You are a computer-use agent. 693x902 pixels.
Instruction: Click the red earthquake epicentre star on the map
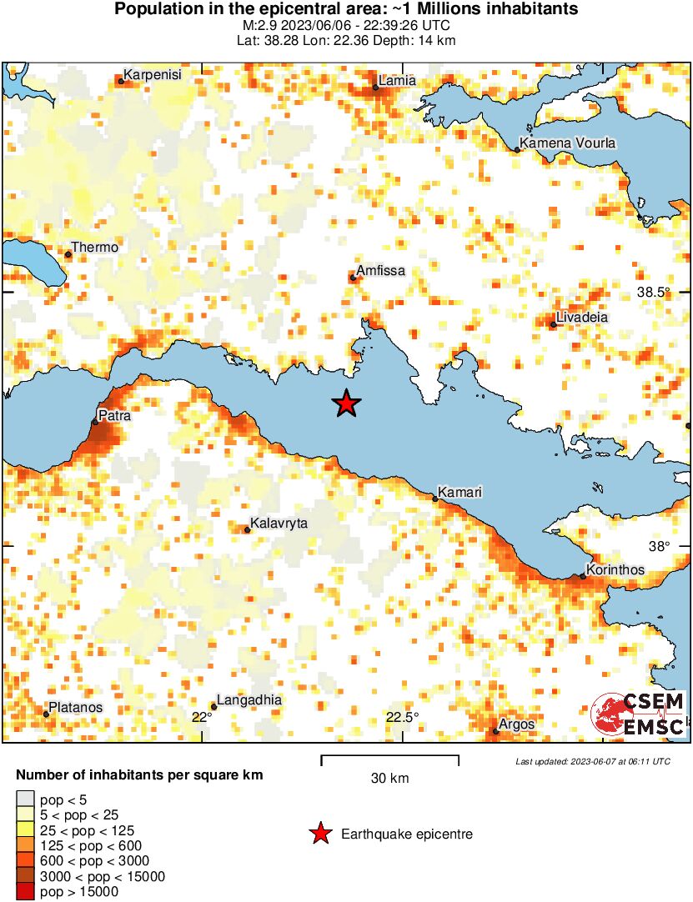(346, 403)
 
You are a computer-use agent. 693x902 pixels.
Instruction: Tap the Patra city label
(114, 414)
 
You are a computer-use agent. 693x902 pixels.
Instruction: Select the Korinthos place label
(615, 570)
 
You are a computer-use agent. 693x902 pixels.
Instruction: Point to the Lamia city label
(397, 81)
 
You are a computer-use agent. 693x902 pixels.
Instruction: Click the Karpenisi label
(152, 75)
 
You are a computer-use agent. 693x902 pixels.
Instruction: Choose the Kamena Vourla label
(568, 143)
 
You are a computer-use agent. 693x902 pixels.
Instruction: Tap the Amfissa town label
(380, 271)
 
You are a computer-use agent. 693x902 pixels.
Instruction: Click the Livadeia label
(583, 318)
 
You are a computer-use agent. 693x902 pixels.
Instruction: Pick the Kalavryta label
(279, 524)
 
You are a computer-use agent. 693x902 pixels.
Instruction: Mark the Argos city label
(517, 724)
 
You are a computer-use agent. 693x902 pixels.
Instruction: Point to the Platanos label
(76, 708)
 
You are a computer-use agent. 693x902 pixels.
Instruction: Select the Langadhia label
(249, 700)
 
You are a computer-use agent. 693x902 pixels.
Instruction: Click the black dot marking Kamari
(435, 499)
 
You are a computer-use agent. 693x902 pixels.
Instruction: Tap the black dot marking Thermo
(68, 254)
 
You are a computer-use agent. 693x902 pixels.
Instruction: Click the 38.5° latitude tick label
(654, 293)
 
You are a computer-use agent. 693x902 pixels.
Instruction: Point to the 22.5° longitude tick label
(402, 718)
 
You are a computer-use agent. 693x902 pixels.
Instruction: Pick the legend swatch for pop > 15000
(26, 892)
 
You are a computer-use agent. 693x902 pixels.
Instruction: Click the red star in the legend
(319, 834)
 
